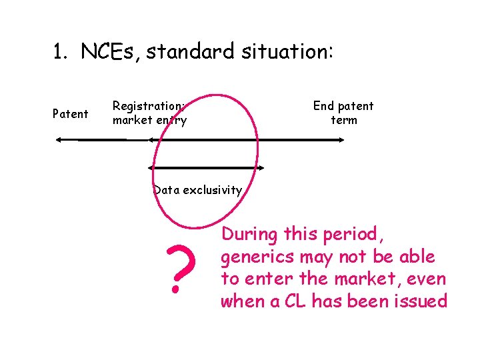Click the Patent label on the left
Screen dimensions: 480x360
pyautogui.click(x=70, y=114)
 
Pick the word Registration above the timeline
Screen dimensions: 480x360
pyautogui.click(x=149, y=106)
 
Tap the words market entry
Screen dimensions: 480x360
pyautogui.click(x=149, y=121)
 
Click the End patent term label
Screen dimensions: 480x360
pyautogui.click(x=343, y=113)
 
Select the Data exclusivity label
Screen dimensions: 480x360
pyautogui.click(x=197, y=190)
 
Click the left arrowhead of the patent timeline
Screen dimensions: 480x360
pyautogui.click(x=58, y=139)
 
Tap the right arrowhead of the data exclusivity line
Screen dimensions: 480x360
pyautogui.click(x=262, y=167)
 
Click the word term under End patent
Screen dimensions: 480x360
pyautogui.click(x=344, y=121)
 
